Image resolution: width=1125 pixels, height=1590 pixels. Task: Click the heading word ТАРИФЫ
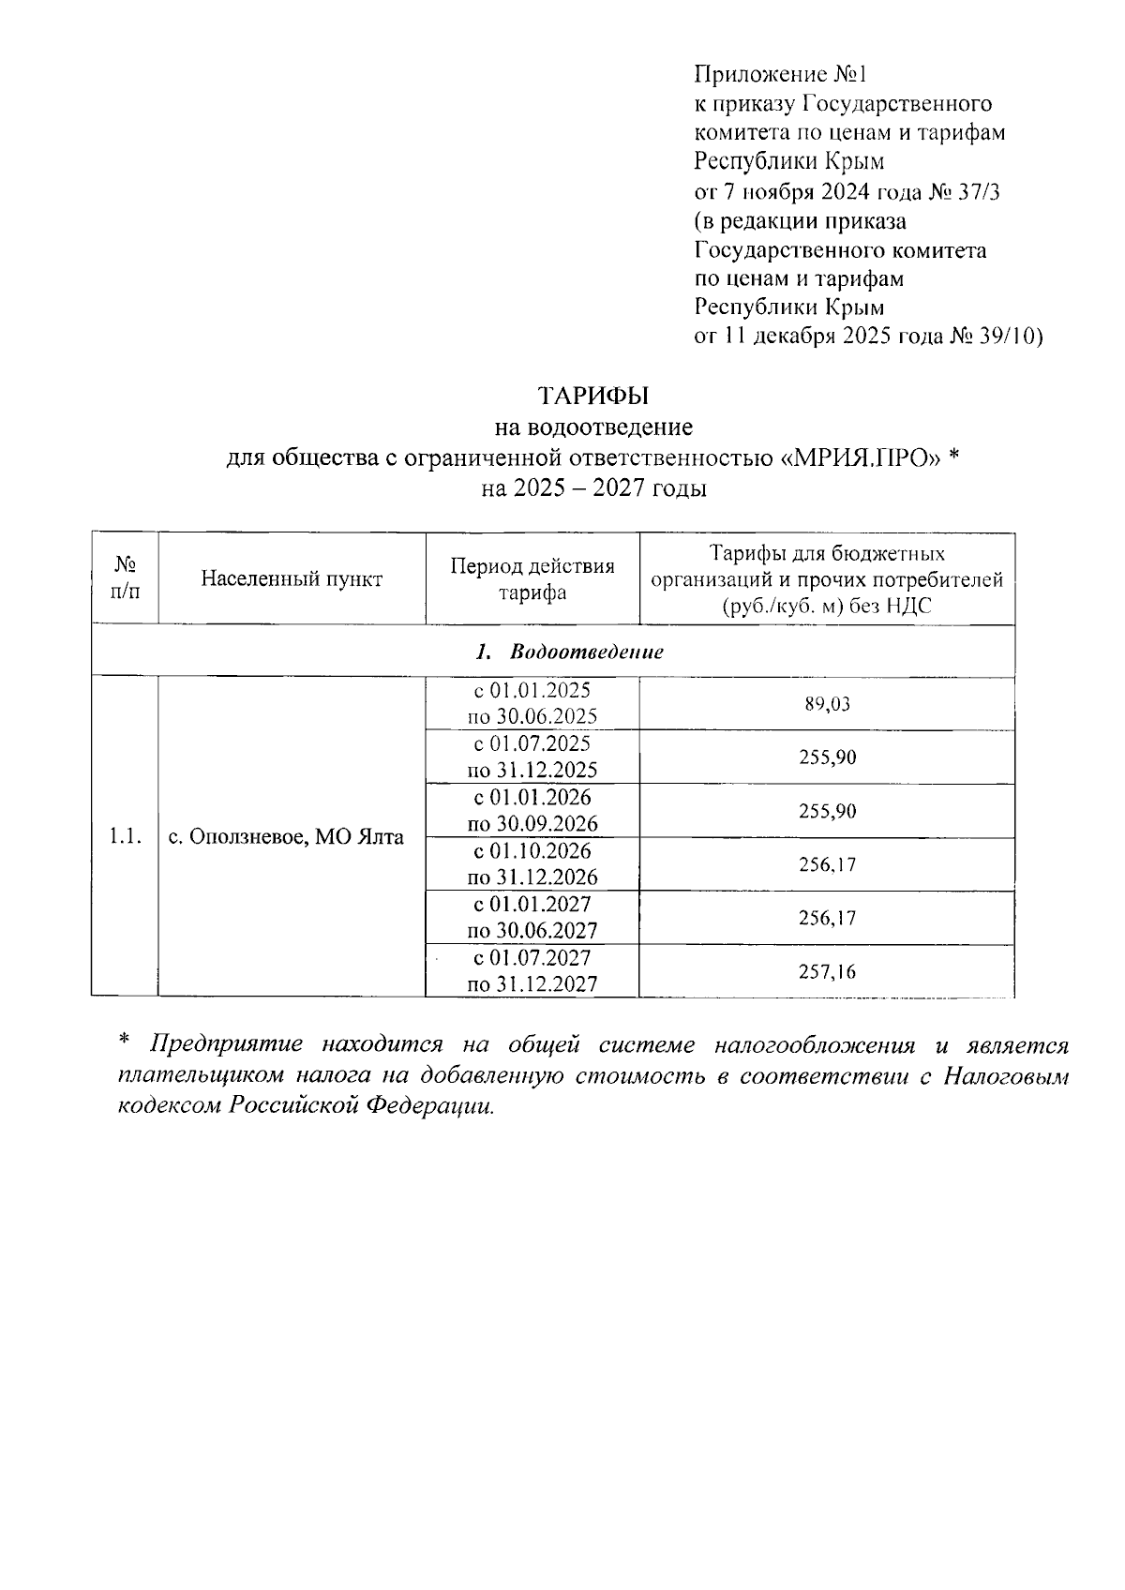click(x=592, y=396)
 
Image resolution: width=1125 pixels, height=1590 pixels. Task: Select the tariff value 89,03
click(x=827, y=704)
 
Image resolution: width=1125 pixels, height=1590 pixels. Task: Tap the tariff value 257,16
click(x=827, y=972)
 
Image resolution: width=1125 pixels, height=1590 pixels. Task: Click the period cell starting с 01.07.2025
click(x=532, y=757)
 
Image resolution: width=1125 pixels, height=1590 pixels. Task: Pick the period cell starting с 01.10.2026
click(x=532, y=864)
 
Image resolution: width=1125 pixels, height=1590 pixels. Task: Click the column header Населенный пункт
click(x=292, y=578)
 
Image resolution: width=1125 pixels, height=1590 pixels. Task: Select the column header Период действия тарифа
click(x=532, y=578)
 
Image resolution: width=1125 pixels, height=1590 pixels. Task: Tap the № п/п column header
click(x=125, y=578)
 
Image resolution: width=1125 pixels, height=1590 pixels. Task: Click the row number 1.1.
click(x=125, y=836)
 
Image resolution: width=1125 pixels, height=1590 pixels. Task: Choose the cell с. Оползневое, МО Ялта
click(x=286, y=836)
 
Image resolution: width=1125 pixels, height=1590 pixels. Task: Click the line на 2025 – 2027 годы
click(x=592, y=488)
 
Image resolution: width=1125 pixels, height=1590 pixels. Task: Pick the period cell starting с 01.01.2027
click(x=532, y=918)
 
